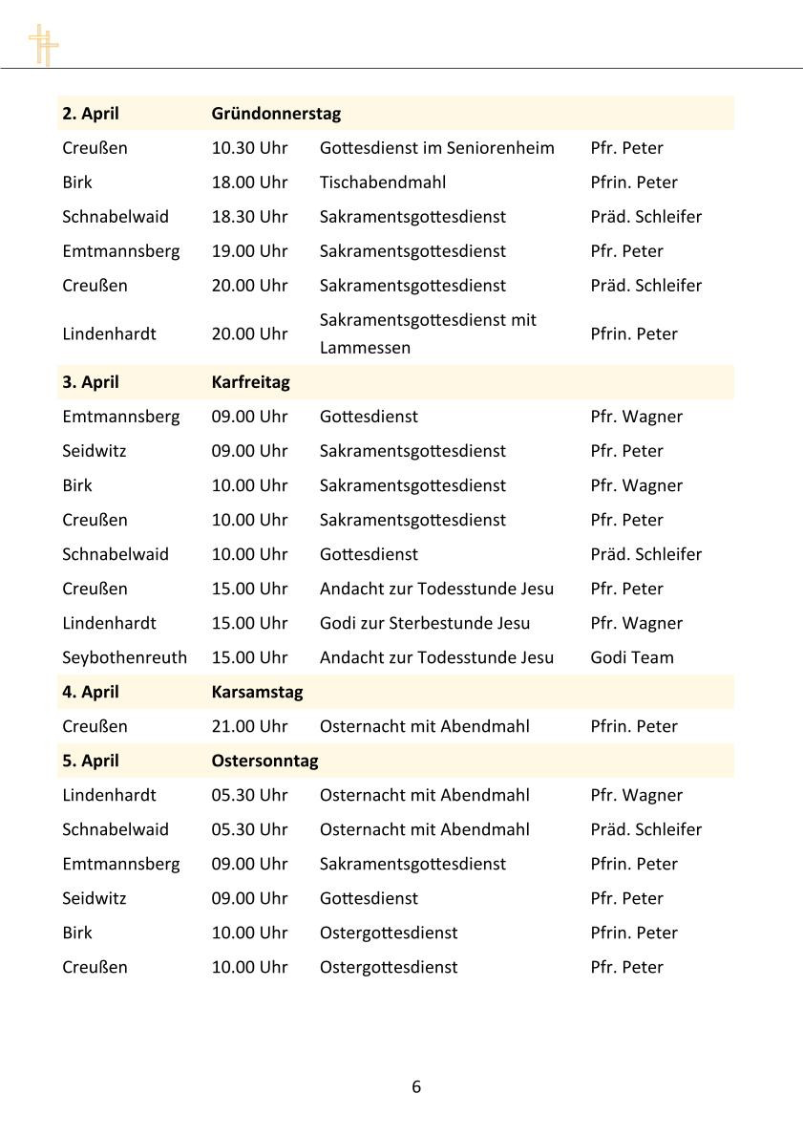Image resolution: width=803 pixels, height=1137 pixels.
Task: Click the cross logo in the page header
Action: [43, 45]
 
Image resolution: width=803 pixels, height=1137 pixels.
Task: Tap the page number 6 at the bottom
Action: [416, 1086]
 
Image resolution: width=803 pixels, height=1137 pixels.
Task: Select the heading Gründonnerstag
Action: [276, 113]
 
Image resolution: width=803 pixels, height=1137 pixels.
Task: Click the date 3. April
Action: [91, 382]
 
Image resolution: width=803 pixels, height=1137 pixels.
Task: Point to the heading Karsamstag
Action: [257, 692]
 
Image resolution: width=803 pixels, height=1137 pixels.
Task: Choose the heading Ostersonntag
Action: [264, 761]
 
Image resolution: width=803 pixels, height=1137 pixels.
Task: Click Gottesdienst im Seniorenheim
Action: [436, 148]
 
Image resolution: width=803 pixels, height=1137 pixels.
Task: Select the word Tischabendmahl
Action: [382, 182]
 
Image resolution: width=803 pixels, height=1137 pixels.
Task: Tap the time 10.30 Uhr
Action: [249, 148]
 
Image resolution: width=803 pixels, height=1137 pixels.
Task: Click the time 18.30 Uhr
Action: [249, 217]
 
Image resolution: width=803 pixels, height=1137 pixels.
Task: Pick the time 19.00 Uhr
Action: [249, 251]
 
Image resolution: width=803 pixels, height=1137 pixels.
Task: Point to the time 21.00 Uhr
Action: [249, 726]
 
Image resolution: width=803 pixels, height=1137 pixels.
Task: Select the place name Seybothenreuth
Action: [124, 657]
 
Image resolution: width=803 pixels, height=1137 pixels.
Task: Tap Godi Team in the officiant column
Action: [632, 657]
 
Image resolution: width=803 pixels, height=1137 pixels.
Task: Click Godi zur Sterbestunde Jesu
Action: [424, 623]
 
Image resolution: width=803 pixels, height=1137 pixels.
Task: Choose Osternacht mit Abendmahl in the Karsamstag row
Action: [424, 726]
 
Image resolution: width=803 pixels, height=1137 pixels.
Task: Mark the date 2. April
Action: [91, 113]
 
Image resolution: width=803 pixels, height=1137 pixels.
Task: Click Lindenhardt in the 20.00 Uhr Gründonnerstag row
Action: [109, 333]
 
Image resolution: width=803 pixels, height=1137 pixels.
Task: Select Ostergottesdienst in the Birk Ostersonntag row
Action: [388, 933]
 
